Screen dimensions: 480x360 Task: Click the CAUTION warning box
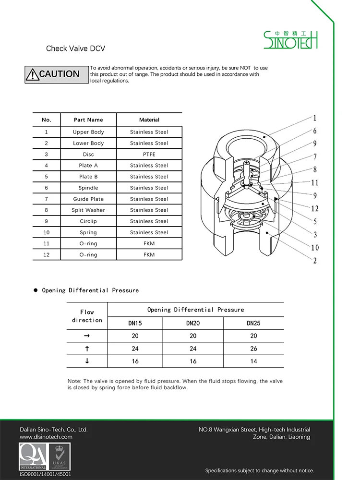point(57,74)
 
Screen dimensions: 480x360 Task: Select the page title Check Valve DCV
point(75,48)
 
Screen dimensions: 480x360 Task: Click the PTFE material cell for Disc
point(149,155)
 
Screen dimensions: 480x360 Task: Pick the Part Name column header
point(88,120)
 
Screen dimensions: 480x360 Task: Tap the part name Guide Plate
point(88,199)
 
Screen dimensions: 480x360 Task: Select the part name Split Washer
point(88,210)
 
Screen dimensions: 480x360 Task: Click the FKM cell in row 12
point(149,255)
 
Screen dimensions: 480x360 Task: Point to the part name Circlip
point(88,221)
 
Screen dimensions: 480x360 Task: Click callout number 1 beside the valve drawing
point(315,118)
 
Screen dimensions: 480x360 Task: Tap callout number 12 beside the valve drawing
point(315,208)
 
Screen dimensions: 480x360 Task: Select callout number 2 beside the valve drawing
point(315,261)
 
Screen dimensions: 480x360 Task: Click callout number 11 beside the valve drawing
point(315,182)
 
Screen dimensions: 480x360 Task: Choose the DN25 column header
point(253,324)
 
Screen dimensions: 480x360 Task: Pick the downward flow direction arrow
point(87,361)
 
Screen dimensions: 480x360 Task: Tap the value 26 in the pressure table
point(253,348)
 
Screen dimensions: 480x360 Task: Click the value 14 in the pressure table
point(253,361)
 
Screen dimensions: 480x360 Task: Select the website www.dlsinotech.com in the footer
point(46,437)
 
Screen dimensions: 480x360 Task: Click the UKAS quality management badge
point(60,456)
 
